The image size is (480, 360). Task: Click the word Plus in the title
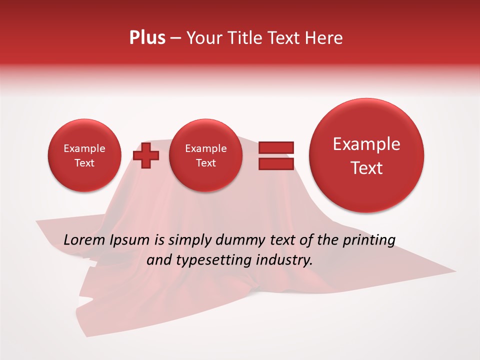[147, 38]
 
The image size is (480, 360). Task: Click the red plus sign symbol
[146, 155]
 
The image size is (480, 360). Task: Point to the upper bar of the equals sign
[276, 147]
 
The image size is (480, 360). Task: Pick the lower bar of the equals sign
[276, 163]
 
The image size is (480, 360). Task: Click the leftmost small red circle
[84, 155]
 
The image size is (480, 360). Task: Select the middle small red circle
[206, 155]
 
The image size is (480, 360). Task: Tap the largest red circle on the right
[366, 155]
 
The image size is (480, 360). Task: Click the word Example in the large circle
[366, 144]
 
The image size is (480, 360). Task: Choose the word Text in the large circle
[366, 168]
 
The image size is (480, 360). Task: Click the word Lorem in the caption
[84, 240]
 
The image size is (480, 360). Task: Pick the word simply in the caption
[189, 240]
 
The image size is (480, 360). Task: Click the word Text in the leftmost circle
[84, 163]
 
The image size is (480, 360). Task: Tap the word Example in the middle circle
[206, 148]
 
